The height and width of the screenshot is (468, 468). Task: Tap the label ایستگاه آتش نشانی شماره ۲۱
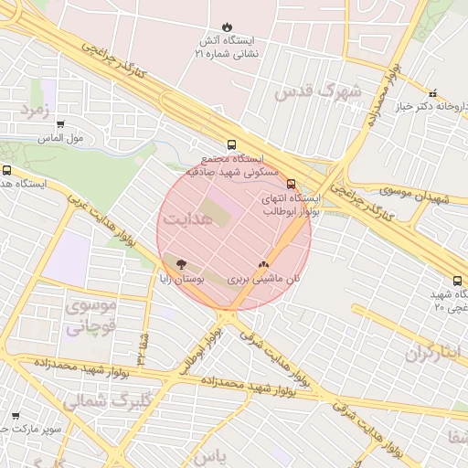[227, 48]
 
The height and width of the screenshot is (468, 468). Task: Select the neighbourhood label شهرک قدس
[318, 92]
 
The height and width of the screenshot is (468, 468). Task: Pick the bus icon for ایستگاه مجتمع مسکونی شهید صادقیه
[231, 144]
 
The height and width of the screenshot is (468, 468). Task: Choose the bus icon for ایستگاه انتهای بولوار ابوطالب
[291, 184]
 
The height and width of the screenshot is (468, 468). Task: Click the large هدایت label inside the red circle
[188, 220]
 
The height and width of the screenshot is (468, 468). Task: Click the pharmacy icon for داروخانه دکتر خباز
[432, 92]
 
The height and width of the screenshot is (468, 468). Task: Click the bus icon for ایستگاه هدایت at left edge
[7, 170]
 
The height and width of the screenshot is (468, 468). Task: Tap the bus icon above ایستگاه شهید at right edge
[457, 281]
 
